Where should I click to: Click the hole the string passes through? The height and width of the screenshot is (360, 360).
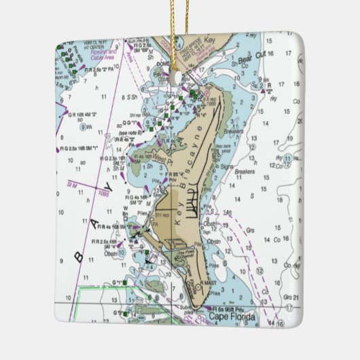coord(181,77)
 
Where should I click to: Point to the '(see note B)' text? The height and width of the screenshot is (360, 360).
coord(129,133)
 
